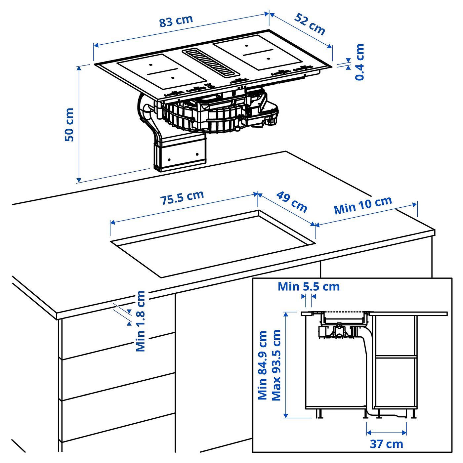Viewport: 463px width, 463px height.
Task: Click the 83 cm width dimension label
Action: [176, 21]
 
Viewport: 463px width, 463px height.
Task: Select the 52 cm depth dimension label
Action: [310, 24]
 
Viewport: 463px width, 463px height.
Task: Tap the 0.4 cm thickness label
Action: [359, 62]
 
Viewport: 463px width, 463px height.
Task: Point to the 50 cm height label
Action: [69, 125]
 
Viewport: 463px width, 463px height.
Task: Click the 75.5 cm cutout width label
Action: [182, 197]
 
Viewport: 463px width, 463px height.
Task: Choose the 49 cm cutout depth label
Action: [292, 201]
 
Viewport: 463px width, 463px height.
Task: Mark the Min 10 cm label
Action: [363, 205]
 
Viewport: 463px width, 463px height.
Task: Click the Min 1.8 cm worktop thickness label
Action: [141, 321]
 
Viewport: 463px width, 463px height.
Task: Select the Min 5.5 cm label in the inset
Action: [309, 286]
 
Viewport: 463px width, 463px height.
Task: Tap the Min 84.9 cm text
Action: [263, 365]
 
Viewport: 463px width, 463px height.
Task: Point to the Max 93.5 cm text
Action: [276, 365]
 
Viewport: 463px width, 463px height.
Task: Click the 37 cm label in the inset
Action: [386, 444]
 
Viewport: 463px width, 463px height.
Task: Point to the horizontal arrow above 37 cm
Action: [386, 432]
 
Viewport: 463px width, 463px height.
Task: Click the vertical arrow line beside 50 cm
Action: [79, 124]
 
